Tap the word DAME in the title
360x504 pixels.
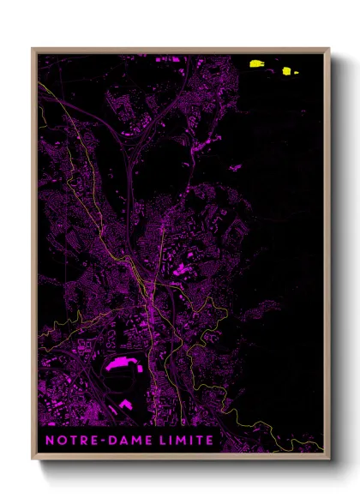tap(126, 440)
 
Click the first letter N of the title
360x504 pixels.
tap(50, 440)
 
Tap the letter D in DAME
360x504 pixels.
tap(109, 440)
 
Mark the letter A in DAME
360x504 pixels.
tap(120, 440)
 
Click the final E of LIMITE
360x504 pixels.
tap(210, 440)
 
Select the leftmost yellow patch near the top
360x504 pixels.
tap(255, 63)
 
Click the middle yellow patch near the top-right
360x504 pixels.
tap(286, 71)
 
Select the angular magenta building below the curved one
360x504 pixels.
tap(126, 403)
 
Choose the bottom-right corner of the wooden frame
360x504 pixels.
tap(328, 459)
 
